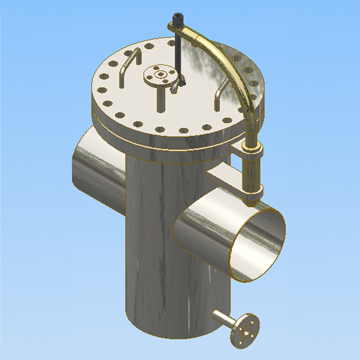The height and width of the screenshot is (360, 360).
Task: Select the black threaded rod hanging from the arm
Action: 177,54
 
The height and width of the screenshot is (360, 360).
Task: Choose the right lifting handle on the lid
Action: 221,92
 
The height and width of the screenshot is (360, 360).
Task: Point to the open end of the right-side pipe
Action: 257,245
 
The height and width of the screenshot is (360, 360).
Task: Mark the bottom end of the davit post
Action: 252,202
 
